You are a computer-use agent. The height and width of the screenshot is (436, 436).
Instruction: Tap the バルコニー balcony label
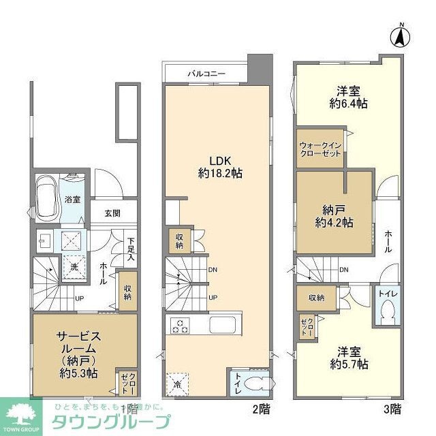click(x=205, y=73)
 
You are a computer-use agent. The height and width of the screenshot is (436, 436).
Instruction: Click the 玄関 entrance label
click(x=112, y=213)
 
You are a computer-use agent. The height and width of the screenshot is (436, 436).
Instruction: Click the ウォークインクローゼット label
click(x=319, y=149)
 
